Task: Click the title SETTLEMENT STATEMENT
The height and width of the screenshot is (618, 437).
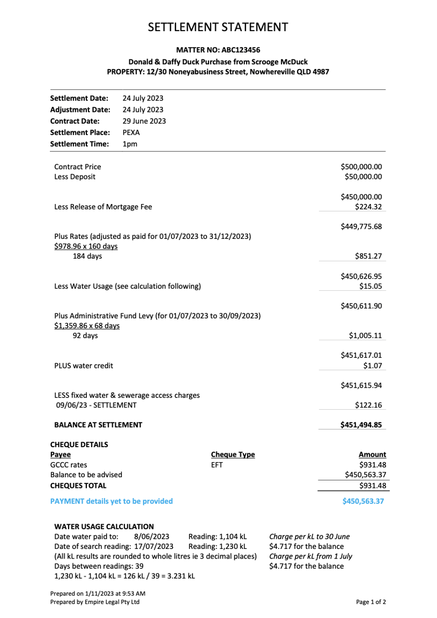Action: tap(218, 27)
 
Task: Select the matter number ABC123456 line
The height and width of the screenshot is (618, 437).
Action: tap(218, 50)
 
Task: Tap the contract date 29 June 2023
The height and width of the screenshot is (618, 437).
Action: tap(144, 121)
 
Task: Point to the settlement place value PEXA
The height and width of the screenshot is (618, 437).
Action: tap(131, 132)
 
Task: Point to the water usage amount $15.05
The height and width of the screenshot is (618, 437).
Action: tap(371, 286)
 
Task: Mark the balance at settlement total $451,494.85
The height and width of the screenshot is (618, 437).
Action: tap(361, 425)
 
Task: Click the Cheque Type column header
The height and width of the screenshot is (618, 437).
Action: tap(233, 455)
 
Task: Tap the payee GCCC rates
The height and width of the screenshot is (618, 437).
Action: tap(69, 465)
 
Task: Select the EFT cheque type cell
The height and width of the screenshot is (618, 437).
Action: tap(217, 465)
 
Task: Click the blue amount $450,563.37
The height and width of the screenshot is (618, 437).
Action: tap(363, 501)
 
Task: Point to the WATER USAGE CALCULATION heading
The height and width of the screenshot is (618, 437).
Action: tap(104, 526)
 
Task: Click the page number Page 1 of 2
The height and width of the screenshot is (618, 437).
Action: tap(371, 602)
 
